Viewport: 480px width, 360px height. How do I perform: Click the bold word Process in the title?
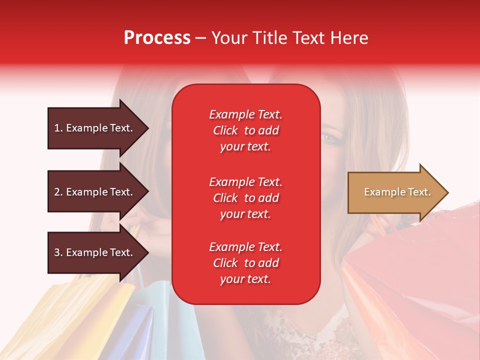pos(157,38)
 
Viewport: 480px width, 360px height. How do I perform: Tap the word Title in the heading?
pos(269,38)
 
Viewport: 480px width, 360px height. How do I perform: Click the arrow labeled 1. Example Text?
pos(95,128)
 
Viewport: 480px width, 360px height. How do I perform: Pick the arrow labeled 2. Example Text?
pos(95,192)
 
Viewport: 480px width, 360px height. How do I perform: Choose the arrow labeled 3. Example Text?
pos(95,252)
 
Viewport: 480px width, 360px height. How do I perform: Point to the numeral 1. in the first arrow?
pos(58,128)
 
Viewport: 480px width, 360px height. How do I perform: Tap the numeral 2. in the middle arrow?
pos(58,192)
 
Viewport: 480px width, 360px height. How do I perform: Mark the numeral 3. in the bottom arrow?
pos(58,252)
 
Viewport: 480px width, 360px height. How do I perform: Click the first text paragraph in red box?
pos(245,130)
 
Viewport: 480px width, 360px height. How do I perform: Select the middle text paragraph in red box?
pos(245,198)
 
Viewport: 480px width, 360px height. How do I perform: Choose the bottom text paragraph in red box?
pos(245,263)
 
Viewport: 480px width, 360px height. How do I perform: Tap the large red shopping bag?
pos(415,280)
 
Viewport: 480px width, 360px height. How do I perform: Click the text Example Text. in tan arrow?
pos(397,192)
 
